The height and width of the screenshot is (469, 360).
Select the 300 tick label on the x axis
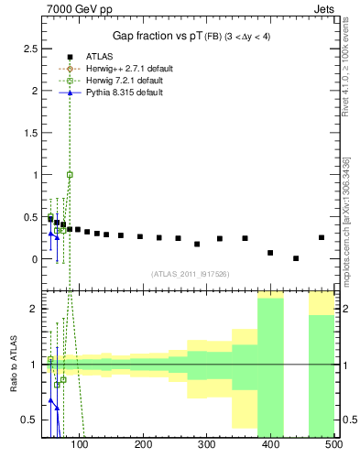(207, 444)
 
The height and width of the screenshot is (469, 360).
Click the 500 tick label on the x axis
(333, 444)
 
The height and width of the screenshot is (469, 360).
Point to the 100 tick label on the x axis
(80, 444)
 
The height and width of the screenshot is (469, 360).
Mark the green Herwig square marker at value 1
(70, 174)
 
